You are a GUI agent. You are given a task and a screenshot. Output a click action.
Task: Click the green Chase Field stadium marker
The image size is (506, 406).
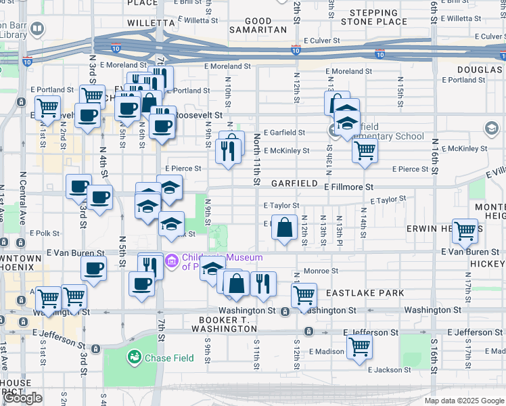point(135,357)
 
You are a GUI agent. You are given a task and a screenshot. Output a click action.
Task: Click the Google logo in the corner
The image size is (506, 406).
point(22,398)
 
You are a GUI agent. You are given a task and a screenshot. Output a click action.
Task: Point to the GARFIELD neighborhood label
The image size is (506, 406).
point(294,183)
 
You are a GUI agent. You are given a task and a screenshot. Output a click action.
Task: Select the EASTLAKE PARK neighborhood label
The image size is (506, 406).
point(365,293)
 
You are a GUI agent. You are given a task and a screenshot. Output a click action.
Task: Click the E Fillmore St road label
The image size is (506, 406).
point(348,187)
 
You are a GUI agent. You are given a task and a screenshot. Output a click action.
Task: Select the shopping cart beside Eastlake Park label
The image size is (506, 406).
point(304,294)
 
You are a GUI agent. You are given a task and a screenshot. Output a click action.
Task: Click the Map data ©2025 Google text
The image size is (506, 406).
point(463,401)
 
